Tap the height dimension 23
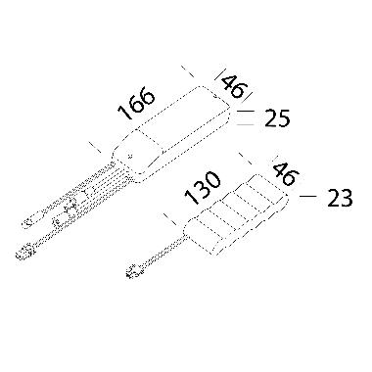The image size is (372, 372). click(338, 200)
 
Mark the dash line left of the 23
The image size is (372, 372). click(306, 199)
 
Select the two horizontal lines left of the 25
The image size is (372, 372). click(248, 119)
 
